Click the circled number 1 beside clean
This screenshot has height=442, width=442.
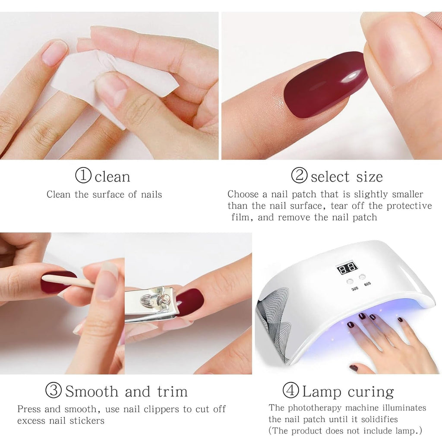click(x=83, y=176)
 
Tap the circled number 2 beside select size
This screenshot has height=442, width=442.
click(x=299, y=176)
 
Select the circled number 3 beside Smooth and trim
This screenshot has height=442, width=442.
click(x=54, y=391)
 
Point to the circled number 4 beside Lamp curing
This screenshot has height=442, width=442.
click(x=290, y=391)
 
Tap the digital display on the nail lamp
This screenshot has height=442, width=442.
click(x=347, y=268)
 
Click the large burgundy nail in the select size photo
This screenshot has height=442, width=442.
click(x=326, y=84)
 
